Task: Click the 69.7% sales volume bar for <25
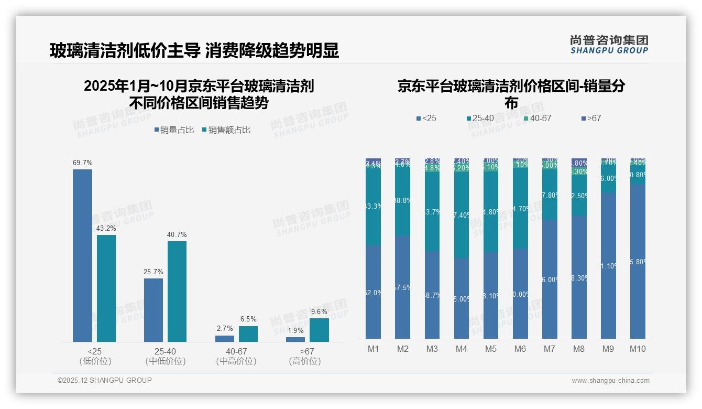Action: click(82, 255)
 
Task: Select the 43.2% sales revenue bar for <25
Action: click(106, 288)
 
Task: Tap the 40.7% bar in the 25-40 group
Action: click(177, 291)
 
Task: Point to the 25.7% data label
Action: click(153, 272)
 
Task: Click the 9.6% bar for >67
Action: click(319, 330)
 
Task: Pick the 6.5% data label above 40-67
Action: click(248, 319)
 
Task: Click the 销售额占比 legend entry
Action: click(226, 130)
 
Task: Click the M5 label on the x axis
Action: click(490, 349)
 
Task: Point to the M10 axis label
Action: click(638, 349)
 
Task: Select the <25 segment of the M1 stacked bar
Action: click(374, 292)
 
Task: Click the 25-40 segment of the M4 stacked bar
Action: click(462, 215)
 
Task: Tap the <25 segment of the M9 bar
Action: click(608, 265)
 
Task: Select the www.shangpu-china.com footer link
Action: click(610, 381)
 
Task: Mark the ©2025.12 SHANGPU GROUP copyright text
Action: click(105, 380)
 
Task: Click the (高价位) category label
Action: click(305, 361)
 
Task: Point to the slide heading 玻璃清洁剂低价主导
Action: click(125, 51)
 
